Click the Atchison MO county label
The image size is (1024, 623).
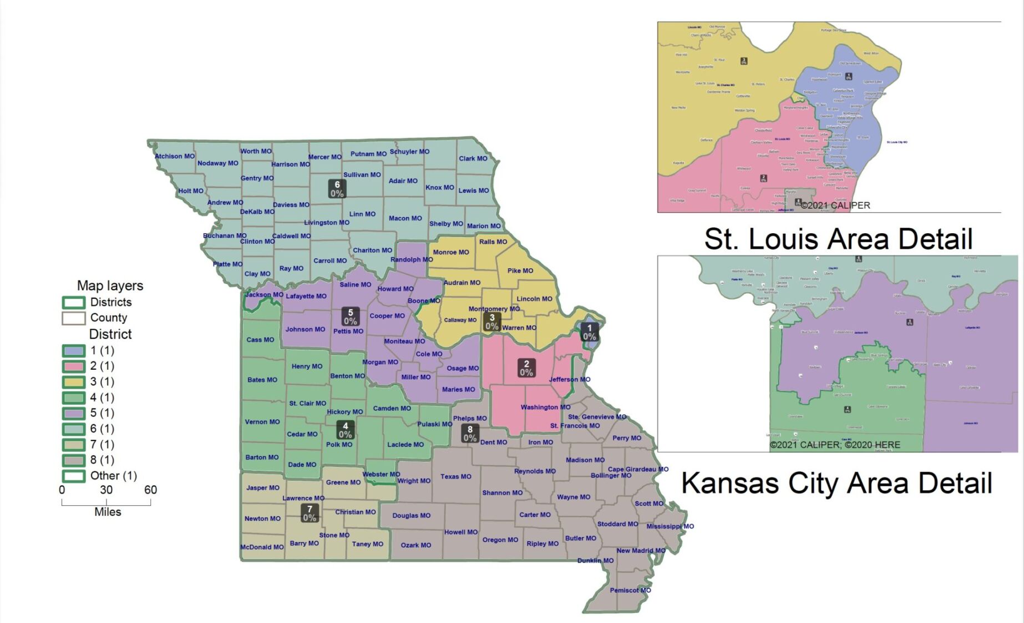[x=175, y=156]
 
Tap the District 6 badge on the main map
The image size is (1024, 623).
[x=337, y=189]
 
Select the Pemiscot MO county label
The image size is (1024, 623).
[x=630, y=590]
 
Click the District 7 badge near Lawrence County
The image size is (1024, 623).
[x=310, y=513]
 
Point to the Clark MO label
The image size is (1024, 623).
[x=473, y=158]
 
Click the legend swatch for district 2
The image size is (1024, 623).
[x=73, y=366]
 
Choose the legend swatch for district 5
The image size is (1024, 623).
[x=73, y=413]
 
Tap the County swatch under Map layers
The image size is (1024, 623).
[x=73, y=318]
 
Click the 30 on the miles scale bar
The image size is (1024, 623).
[x=106, y=490]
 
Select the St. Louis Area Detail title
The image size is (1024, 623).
[x=838, y=239]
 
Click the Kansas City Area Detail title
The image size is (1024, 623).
[x=836, y=483]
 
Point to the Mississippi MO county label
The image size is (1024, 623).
[x=670, y=526]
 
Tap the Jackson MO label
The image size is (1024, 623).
[x=264, y=294]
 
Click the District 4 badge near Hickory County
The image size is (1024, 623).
[x=345, y=430]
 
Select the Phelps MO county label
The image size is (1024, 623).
[x=469, y=418]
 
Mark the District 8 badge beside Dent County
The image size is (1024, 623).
[x=470, y=433]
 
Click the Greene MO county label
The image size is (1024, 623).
[x=343, y=482]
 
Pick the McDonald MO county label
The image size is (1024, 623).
[x=262, y=547]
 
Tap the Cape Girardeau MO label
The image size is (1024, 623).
[x=638, y=469]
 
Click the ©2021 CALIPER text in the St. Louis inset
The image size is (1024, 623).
[x=835, y=205]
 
